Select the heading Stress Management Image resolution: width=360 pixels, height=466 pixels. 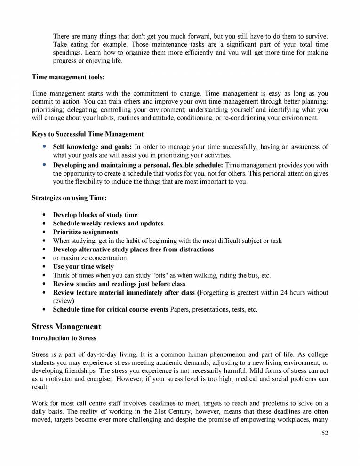point(66,326)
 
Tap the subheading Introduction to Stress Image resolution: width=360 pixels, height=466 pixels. point(64,338)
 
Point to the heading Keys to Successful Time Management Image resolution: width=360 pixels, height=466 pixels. point(88,134)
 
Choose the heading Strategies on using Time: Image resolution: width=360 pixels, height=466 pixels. point(69,198)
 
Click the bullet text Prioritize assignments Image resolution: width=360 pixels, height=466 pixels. point(85,232)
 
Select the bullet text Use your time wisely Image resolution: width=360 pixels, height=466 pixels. point(83,266)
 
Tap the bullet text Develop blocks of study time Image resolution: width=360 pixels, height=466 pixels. point(95,215)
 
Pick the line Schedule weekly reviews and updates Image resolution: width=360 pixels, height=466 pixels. point(108,223)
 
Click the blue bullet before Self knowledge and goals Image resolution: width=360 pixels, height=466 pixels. point(44,147)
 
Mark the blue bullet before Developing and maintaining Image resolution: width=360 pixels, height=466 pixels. point(44,164)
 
